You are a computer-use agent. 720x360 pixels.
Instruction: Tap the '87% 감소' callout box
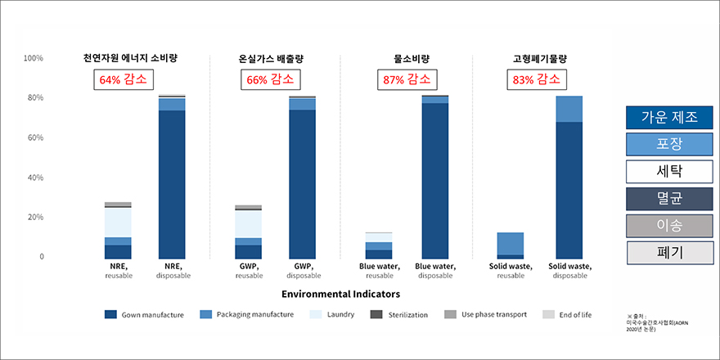point(407,80)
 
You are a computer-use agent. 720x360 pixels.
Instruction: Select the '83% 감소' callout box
point(537,80)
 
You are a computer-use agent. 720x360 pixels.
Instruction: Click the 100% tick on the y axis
point(34,58)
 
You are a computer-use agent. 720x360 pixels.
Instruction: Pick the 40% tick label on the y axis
point(34,178)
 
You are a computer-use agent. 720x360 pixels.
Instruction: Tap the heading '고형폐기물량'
point(540,59)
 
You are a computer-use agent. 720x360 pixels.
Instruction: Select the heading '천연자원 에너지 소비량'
point(130,58)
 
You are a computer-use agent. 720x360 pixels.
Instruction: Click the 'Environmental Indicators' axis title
point(340,293)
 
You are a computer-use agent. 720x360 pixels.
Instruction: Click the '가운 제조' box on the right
point(669,116)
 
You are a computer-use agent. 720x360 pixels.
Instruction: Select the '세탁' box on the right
point(669,171)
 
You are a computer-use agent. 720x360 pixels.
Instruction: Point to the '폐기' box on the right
point(669,253)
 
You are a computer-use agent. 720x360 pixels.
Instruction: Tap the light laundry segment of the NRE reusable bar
point(118,222)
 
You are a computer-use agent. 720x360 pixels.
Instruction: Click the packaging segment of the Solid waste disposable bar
point(569,109)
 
